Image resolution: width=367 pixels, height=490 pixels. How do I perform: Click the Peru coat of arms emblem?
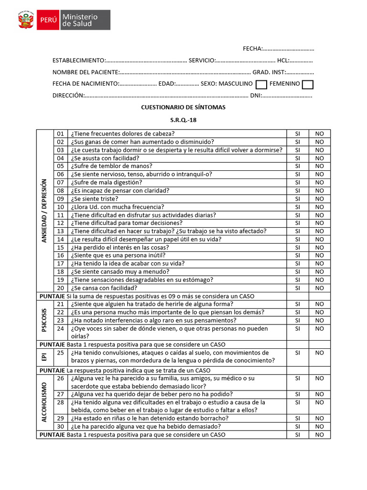[x=27, y=20]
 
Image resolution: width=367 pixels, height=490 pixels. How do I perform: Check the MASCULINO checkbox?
[x=261, y=85]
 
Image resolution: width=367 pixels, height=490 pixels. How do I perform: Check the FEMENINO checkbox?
[x=308, y=85]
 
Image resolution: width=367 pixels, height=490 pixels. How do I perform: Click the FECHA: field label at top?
[x=252, y=48]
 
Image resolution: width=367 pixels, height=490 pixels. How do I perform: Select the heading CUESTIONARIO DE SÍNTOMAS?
[x=183, y=107]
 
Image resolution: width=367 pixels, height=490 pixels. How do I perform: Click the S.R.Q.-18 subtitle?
[x=183, y=120]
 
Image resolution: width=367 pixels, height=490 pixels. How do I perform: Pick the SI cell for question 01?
[x=297, y=134]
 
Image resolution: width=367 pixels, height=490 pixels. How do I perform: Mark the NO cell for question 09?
[x=319, y=199]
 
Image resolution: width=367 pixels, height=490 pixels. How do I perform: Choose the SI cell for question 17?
[x=297, y=264]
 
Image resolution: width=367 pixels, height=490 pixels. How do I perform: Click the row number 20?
[x=60, y=288]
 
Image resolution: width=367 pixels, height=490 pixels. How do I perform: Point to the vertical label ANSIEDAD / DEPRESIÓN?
[x=44, y=211]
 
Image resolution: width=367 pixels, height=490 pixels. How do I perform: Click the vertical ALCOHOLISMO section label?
[x=44, y=402]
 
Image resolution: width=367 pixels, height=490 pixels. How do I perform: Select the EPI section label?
[x=44, y=356]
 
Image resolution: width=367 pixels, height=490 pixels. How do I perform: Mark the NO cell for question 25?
[x=319, y=353]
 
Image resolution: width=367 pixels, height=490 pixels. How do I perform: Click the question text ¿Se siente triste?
[x=94, y=199]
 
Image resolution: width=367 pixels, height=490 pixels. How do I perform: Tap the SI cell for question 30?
[x=297, y=426]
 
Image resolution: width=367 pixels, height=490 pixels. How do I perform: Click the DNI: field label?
[x=256, y=95]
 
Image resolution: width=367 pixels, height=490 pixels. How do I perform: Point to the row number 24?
[x=60, y=329]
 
